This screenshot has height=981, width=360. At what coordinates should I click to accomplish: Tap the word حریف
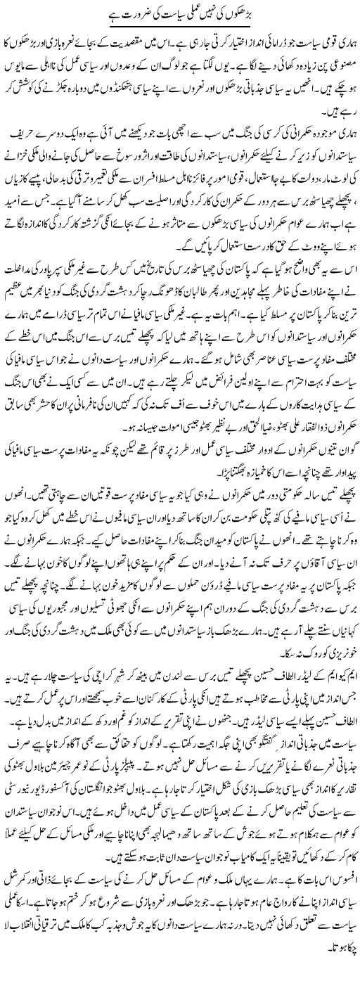(17, 134)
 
